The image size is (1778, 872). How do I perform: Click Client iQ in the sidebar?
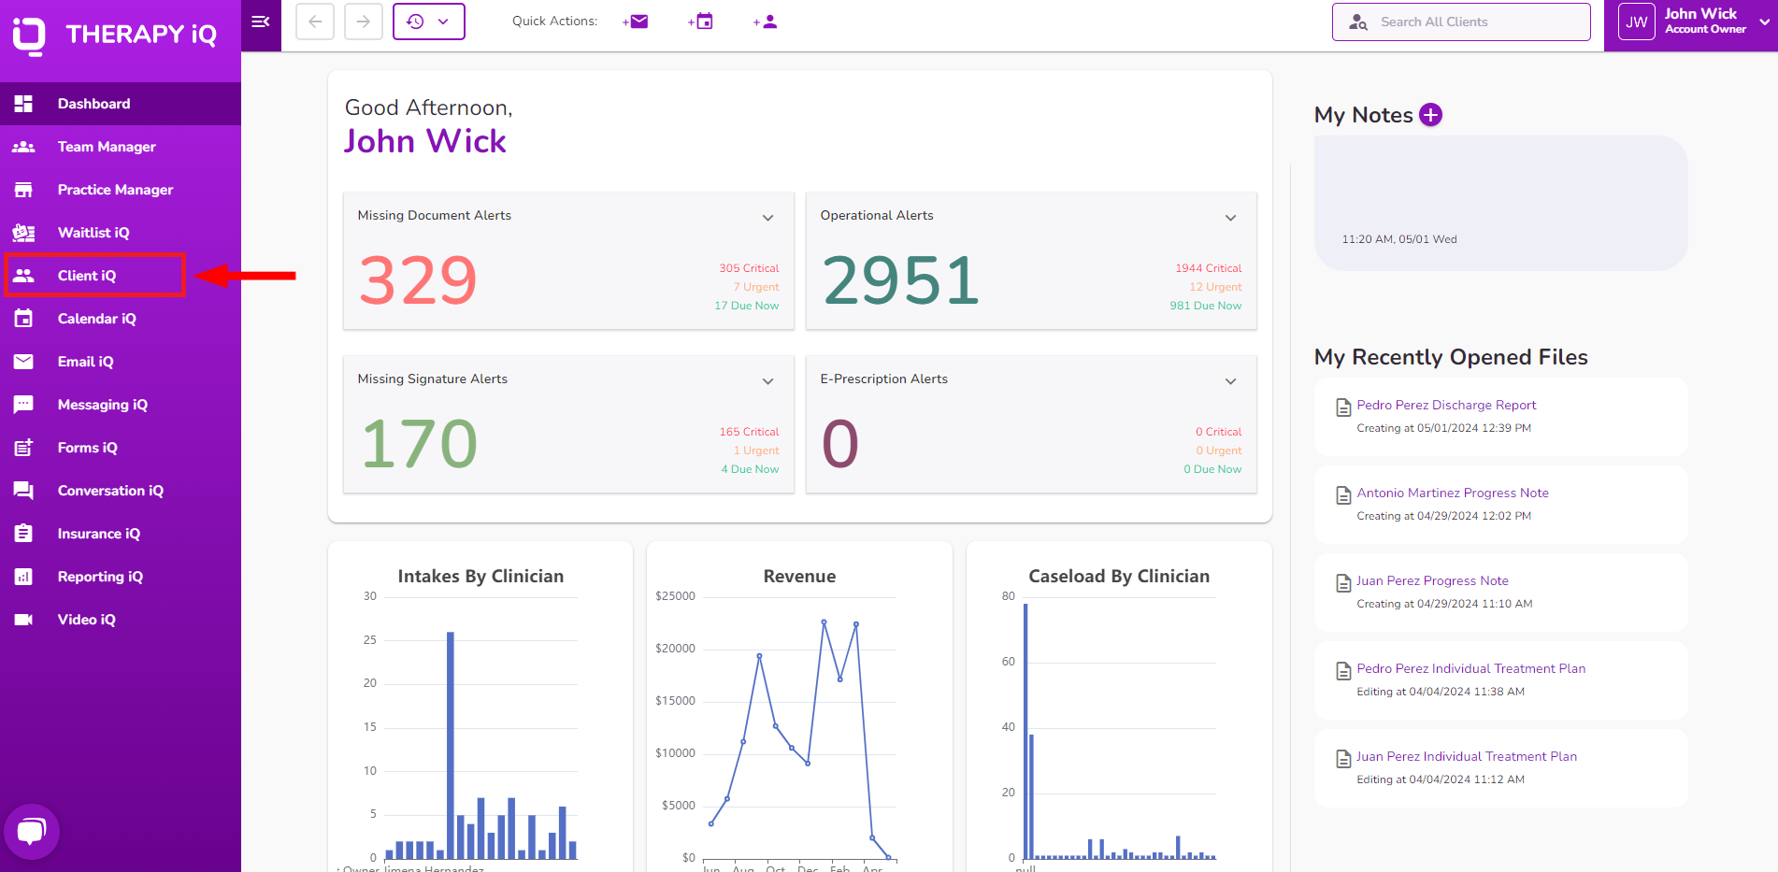tap(86, 276)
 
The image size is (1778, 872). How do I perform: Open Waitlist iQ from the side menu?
tap(93, 233)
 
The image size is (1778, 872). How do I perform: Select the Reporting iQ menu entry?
tap(100, 577)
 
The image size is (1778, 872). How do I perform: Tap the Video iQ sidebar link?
tap(86, 620)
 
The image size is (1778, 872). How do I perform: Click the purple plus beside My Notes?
tap(1430, 115)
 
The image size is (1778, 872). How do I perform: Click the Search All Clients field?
tap(1461, 22)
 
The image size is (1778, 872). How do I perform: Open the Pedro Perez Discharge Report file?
tap(1446, 406)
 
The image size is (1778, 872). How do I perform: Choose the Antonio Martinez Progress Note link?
tap(1452, 493)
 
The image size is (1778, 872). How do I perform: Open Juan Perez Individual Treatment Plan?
tap(1466, 757)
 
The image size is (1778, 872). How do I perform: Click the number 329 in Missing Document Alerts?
tap(418, 280)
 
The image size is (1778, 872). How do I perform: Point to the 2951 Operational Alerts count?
tap(900, 280)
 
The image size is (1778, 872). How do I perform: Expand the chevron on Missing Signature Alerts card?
tap(767, 381)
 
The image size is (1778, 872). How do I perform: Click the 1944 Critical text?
tap(1208, 268)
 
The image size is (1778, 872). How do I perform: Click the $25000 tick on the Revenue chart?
tap(675, 596)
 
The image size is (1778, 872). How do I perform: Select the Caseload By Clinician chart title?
tap(1119, 577)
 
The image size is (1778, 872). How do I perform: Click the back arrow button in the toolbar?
tap(315, 21)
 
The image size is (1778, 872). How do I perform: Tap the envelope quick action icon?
tap(636, 21)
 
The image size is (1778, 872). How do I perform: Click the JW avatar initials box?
tap(1636, 22)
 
